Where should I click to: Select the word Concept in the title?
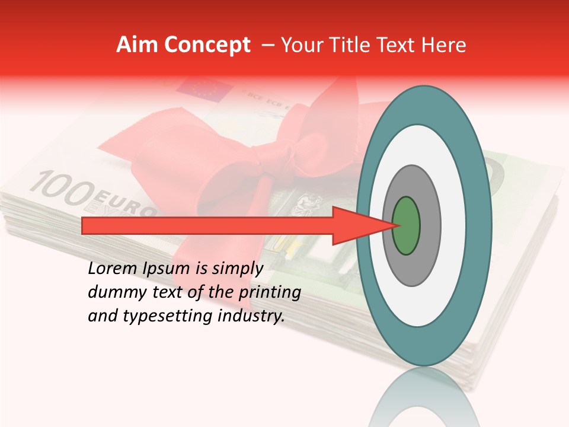point(207,46)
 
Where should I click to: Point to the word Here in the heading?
point(443,45)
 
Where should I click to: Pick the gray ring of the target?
point(430,225)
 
